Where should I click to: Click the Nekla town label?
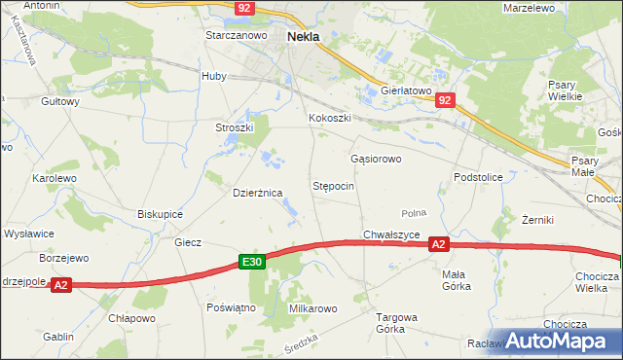tap(305, 36)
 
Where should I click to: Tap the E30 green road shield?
tap(252, 262)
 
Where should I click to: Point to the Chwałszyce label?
tap(391, 234)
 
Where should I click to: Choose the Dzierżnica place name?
tap(257, 193)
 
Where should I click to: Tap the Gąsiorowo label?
tap(375, 158)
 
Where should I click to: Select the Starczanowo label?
tap(236, 35)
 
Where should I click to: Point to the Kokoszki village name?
tap(329, 119)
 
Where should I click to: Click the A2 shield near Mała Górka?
tap(439, 247)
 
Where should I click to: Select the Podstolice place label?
tap(477, 177)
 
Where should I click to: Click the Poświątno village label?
tap(231, 306)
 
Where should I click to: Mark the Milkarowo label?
tap(312, 308)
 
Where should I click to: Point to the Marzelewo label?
tap(529, 8)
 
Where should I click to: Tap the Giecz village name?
tap(187, 242)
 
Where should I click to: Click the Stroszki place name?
tap(234, 127)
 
